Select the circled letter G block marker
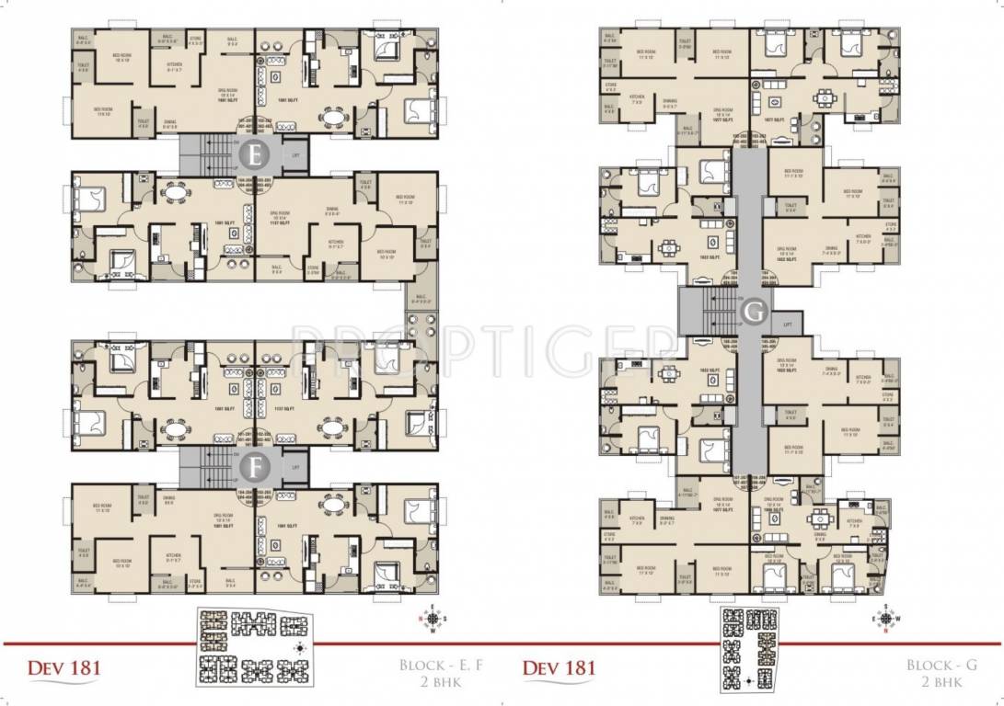tap(754, 313)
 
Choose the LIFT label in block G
tap(787, 324)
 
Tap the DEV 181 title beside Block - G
tap(560, 666)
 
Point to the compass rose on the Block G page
tap(885, 619)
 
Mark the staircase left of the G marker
tap(708, 311)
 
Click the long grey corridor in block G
tap(747, 230)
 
